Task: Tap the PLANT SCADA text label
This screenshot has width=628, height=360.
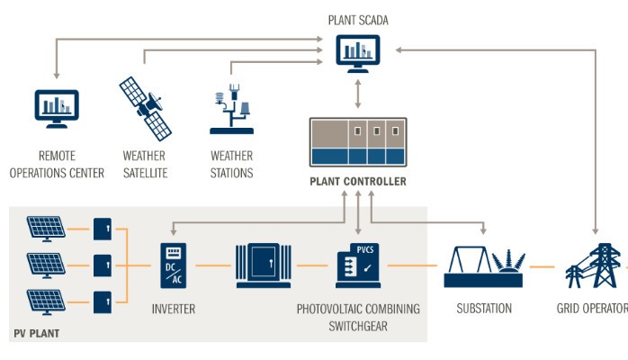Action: tap(358, 19)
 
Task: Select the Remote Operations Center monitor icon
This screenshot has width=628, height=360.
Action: tap(57, 107)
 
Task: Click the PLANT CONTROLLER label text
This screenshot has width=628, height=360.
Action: tap(358, 182)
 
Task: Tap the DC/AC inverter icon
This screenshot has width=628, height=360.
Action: tap(173, 265)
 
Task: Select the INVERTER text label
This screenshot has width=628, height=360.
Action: tap(174, 309)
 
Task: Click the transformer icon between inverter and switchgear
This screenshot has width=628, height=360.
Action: tap(265, 265)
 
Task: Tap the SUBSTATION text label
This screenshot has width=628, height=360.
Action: tap(483, 309)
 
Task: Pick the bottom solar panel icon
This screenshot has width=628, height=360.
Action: tap(45, 300)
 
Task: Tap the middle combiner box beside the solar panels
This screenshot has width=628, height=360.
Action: tap(103, 265)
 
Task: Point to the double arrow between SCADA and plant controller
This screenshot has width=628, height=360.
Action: tap(358, 92)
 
